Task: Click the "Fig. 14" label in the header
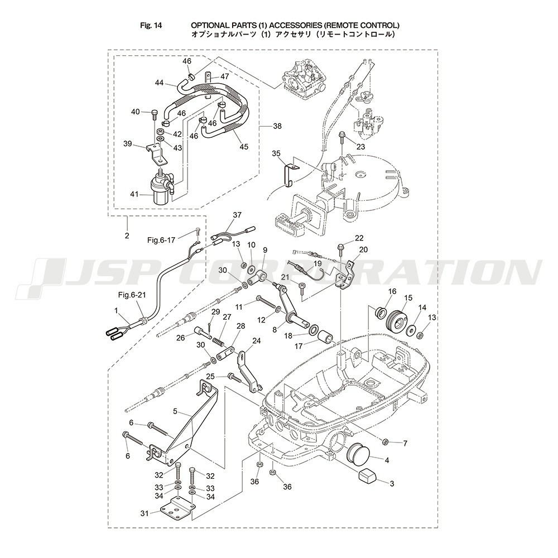151,25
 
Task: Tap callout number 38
277,126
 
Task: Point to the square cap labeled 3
368,475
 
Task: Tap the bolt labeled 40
154,114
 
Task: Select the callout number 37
237,215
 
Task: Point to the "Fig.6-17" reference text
161,240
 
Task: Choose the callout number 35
276,153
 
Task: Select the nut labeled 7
384,442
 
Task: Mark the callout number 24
256,341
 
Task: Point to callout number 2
127,235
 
